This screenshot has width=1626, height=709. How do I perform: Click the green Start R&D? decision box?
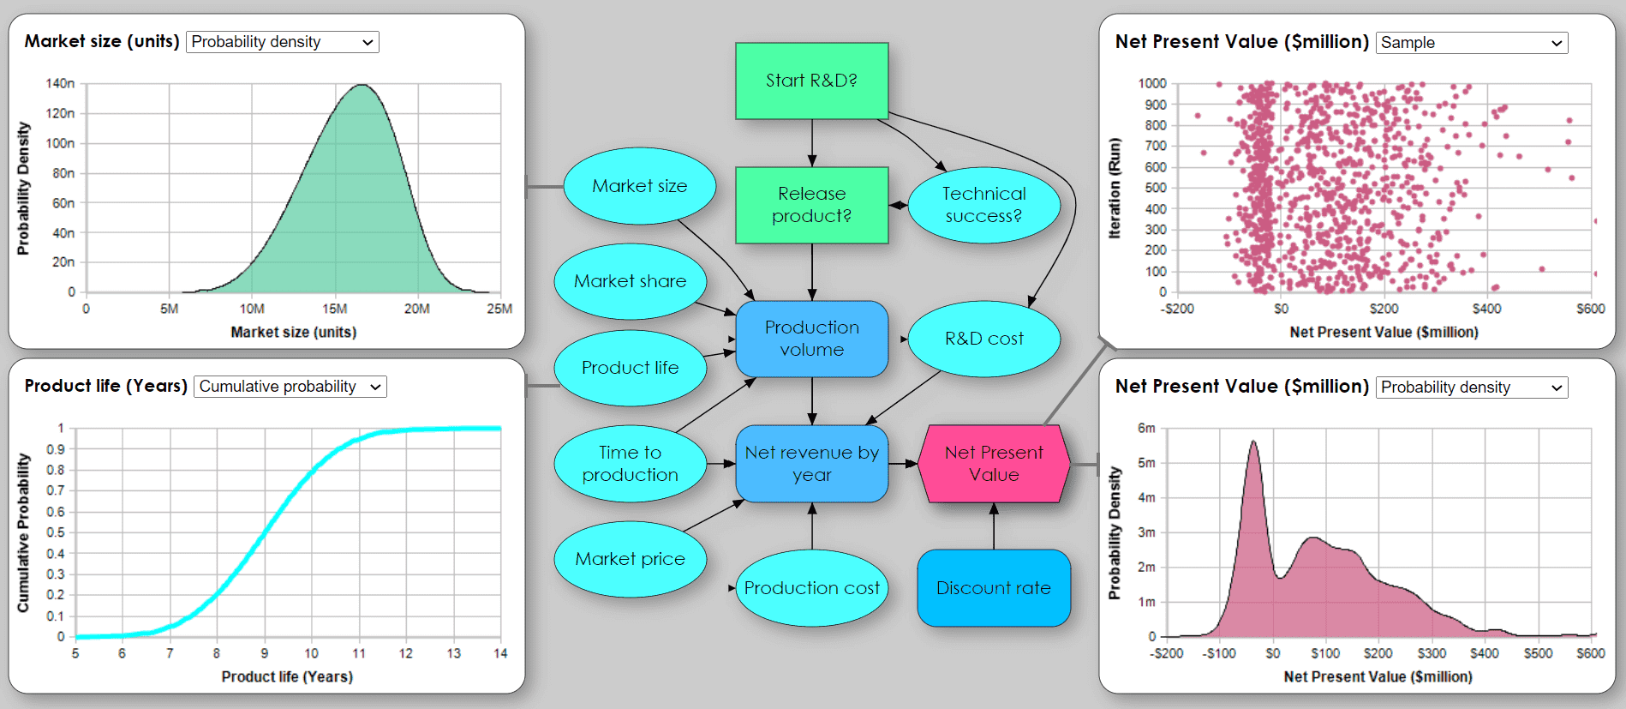click(811, 81)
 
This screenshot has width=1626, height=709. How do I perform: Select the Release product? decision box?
click(811, 205)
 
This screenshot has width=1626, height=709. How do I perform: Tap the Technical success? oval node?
click(983, 205)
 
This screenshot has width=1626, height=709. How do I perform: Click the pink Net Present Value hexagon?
click(994, 464)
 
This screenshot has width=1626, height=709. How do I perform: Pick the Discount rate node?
click(993, 588)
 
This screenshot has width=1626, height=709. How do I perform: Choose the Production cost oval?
click(811, 588)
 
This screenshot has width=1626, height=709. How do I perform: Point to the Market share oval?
click(630, 281)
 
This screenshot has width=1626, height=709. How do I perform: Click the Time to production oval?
click(630, 464)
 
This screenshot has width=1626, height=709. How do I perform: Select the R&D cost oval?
click(983, 339)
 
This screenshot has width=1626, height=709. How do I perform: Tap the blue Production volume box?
click(811, 339)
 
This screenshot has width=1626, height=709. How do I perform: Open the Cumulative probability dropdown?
click(290, 387)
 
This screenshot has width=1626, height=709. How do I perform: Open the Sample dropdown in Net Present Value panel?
click(1471, 43)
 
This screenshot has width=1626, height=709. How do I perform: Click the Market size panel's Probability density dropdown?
click(282, 42)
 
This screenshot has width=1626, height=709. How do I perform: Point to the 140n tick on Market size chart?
click(60, 83)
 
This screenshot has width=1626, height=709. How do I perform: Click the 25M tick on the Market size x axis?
click(499, 309)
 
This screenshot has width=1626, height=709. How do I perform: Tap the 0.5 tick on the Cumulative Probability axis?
click(56, 532)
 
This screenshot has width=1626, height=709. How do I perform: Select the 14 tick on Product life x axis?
click(500, 653)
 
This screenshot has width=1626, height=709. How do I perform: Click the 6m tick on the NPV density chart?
click(1146, 428)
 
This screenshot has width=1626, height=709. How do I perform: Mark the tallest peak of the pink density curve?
click(1253, 442)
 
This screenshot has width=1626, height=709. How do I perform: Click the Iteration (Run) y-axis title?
click(1115, 188)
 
